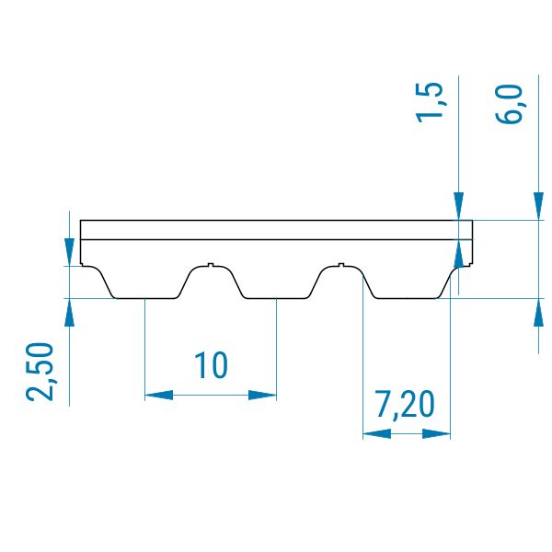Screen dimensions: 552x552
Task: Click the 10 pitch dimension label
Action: [212, 365]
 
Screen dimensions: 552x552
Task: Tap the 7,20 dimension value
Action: [405, 405]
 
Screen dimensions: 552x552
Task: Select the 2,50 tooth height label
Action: [40, 372]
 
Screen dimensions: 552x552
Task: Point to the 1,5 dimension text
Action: [429, 102]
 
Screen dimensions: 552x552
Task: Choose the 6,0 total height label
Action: [509, 104]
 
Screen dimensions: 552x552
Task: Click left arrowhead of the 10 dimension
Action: [159, 395]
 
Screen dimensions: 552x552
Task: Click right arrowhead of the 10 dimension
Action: [262, 395]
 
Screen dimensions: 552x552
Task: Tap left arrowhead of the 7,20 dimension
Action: [376, 433]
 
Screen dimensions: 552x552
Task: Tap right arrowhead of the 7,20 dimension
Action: [436, 433]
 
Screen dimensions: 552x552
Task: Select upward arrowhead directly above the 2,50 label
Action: [69, 313]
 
